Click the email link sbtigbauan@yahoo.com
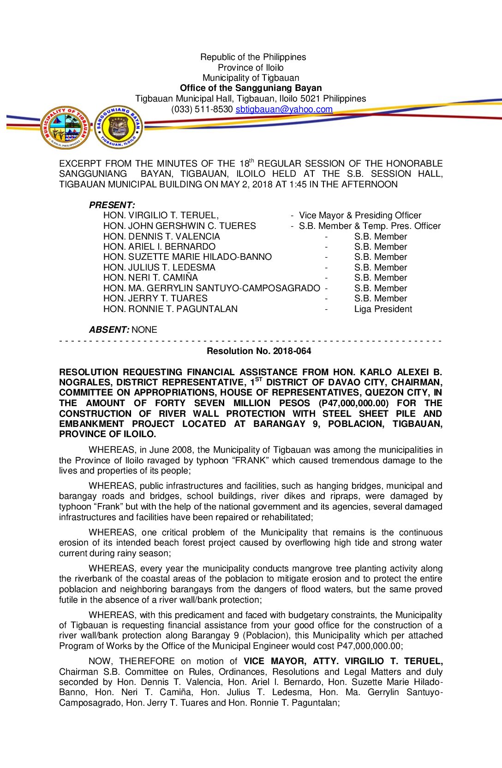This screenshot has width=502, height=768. [284, 109]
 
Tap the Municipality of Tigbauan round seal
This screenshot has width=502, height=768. [66, 127]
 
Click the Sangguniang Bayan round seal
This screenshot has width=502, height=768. [119, 127]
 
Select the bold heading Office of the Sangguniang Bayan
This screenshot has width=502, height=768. [251, 88]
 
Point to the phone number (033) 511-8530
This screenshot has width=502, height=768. [202, 109]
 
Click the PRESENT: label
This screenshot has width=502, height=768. [112, 205]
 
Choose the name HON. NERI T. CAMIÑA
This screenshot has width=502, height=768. [150, 278]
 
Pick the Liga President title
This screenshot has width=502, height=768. [383, 309]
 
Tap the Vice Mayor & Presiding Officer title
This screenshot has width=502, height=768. [360, 216]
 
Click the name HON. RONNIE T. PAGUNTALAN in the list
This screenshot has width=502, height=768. [170, 309]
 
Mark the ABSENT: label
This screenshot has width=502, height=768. [109, 330]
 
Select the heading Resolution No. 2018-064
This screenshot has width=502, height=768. [259, 351]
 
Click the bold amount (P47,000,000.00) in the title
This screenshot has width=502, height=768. [353, 403]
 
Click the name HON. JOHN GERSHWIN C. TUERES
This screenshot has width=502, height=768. [179, 226]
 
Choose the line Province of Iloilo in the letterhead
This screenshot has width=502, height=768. [251, 67]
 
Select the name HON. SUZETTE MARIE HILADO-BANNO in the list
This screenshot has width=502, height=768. [187, 257]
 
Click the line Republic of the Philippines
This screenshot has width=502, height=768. [253, 57]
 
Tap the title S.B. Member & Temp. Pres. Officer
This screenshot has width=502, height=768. [370, 226]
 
